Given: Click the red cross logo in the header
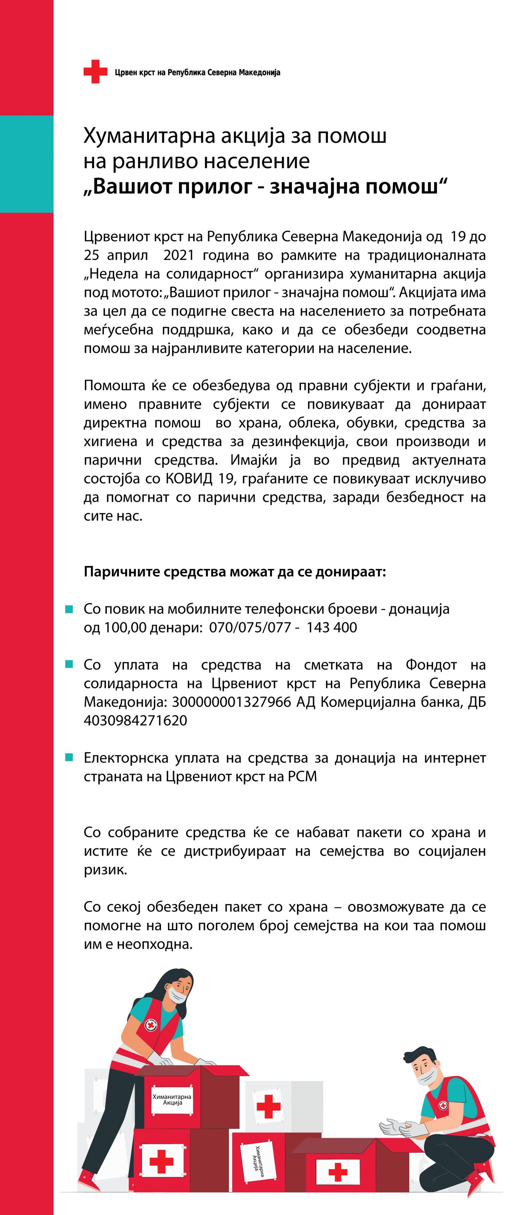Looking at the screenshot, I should coord(95,72).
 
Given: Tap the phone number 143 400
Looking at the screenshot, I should coord(332,627).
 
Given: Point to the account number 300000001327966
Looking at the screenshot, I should coord(231,702).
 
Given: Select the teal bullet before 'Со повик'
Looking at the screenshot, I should coord(69,609).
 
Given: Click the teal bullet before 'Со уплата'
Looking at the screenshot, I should coord(69,665).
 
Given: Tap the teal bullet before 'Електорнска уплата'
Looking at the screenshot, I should coord(69,757).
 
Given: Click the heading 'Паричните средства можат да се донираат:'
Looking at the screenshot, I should coord(235,572).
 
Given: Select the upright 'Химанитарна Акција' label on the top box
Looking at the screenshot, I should coord(172,1100).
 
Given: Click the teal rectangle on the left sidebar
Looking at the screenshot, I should coord(26,164).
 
